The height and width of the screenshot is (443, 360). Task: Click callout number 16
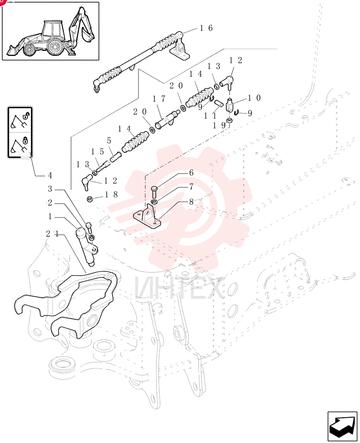tap(206, 28)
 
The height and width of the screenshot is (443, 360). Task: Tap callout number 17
tap(159, 99)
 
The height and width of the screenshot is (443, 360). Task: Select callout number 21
tap(53, 233)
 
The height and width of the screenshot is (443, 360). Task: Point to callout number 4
tap(50, 175)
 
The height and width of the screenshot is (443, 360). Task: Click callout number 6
tap(191, 173)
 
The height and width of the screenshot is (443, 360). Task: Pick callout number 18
tap(111, 194)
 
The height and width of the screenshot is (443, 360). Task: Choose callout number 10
tap(254, 98)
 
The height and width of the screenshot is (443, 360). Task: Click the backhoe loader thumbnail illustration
tap(51, 31)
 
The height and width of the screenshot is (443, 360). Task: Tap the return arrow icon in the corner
tap(342, 427)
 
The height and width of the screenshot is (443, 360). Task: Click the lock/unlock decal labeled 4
tap(20, 132)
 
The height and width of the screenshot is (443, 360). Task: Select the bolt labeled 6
tap(154, 192)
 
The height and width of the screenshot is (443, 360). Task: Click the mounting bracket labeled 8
tap(147, 218)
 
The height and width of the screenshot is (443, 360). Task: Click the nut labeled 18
tap(90, 199)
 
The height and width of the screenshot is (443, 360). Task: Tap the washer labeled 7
tap(154, 202)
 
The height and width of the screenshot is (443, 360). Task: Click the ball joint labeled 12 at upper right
tap(227, 82)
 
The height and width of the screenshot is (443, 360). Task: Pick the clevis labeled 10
tap(230, 105)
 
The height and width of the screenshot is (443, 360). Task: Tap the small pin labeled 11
tap(219, 103)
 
